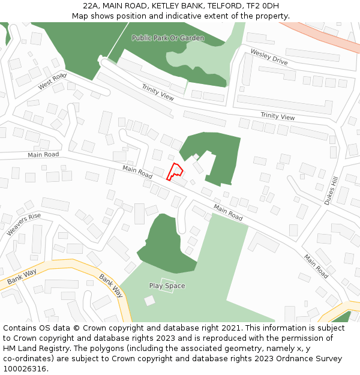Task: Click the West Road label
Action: tap(52, 82)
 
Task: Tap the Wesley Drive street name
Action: tap(269, 58)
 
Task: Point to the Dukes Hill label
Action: tap(332, 191)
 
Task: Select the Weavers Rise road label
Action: tap(24, 224)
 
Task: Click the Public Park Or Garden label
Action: tap(168, 38)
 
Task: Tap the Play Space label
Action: tap(167, 286)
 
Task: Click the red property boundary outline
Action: tap(174, 172)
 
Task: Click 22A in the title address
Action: tap(91, 5)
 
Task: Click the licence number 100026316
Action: tap(26, 369)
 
